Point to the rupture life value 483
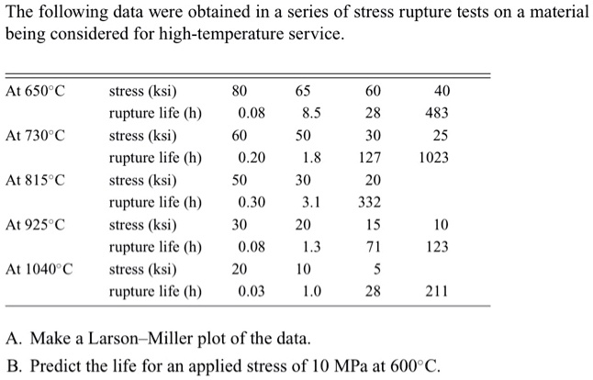coord(437,114)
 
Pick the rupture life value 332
coord(371,202)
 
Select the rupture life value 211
coord(437,292)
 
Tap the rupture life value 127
coord(371,158)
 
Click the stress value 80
coord(240,92)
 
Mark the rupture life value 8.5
coord(310,114)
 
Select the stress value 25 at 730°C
coord(442,136)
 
